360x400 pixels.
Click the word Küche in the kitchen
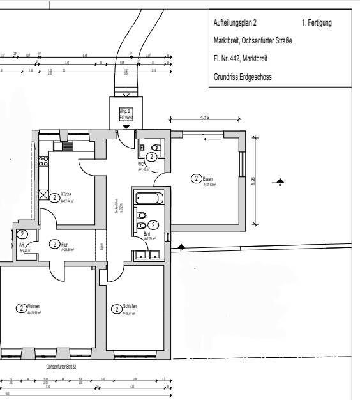point(66,194)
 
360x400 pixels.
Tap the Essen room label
point(207,178)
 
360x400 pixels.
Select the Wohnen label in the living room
point(34,307)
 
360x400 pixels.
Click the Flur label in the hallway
point(64,244)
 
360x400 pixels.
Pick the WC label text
point(141,164)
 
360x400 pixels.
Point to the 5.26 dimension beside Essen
point(253,182)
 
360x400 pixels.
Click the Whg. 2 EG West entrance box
point(126,114)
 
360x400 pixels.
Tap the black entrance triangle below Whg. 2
point(126,127)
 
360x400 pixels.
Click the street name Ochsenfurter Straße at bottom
point(61,367)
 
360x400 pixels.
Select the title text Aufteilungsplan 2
point(236,23)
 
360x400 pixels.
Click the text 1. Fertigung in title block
point(316,23)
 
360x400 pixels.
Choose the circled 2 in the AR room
point(22,235)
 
